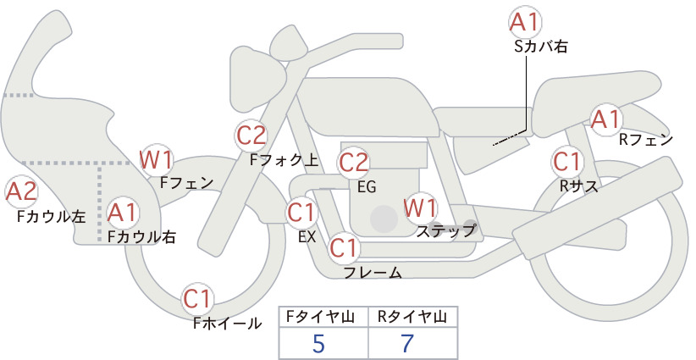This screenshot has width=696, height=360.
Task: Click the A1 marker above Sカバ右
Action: [x=525, y=23]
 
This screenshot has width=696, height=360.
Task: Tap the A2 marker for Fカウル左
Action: [x=21, y=192]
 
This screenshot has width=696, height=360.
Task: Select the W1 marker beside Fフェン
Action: [x=156, y=160]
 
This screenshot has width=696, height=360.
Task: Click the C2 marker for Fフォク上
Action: [x=251, y=136]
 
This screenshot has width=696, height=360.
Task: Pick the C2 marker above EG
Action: [x=353, y=163]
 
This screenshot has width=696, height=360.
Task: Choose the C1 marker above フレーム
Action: [x=344, y=247]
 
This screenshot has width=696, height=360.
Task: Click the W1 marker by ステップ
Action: [x=420, y=208]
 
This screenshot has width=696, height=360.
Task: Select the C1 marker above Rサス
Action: [x=566, y=162]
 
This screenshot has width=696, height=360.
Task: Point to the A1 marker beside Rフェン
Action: [x=605, y=119]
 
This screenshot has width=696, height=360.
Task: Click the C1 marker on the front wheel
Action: [x=196, y=299]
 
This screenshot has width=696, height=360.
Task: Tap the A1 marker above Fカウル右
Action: [x=122, y=213]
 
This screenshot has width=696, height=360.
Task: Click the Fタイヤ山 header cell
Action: [x=323, y=317]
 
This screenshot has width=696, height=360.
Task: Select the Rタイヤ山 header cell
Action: [x=413, y=317]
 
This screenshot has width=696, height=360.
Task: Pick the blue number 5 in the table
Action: [x=318, y=343]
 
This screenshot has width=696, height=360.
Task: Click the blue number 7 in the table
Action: [x=407, y=343]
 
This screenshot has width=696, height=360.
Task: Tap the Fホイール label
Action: [x=227, y=324]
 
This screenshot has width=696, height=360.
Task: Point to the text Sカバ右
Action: [x=541, y=47]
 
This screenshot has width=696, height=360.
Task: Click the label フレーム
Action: [x=373, y=272]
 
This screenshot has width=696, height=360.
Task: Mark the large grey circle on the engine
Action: [x=384, y=219]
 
